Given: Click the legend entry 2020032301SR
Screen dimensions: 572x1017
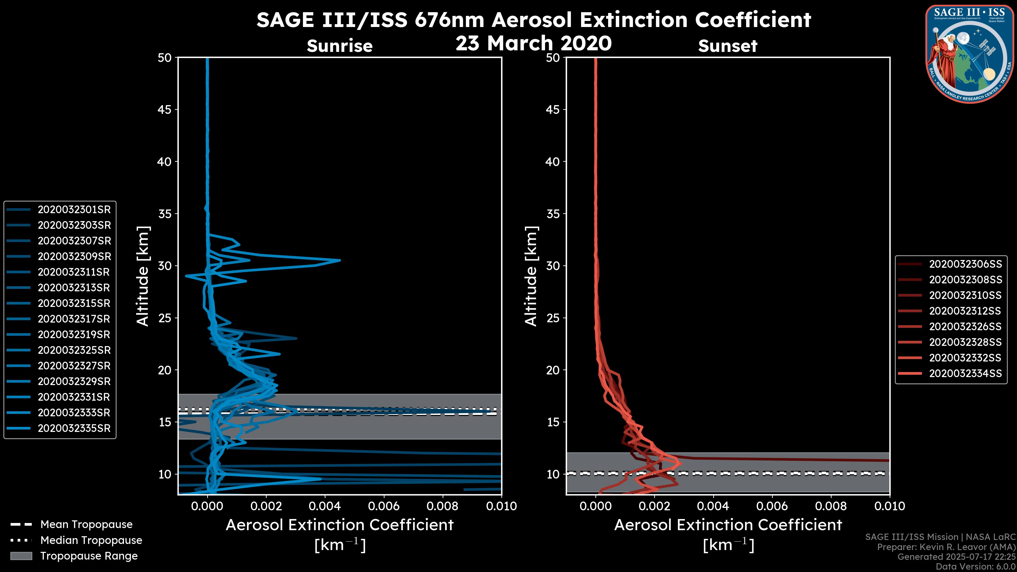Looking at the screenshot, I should tap(74, 210).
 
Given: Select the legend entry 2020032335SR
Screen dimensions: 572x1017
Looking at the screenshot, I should tap(74, 428).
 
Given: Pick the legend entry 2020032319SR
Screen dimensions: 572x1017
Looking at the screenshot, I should tap(74, 335).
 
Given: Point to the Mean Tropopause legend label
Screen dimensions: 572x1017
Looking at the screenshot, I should tap(86, 524).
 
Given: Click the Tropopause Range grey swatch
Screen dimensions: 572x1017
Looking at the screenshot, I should tap(21, 556).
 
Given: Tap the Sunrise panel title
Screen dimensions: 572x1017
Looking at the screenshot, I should tap(340, 46).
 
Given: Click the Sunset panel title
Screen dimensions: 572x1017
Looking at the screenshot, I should tap(728, 46).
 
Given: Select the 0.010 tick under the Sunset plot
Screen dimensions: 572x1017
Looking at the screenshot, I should tap(890, 506).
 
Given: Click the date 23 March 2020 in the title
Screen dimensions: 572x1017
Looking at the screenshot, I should tap(533, 43).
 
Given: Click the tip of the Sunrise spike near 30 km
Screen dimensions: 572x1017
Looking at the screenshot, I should tap(340, 260).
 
